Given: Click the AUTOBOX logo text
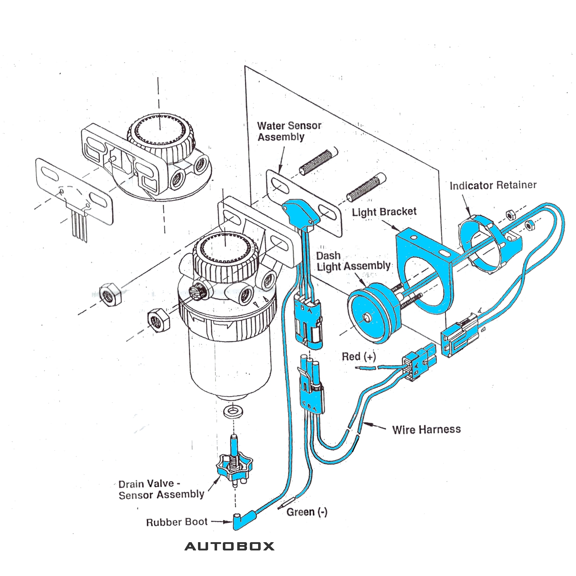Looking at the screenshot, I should click(x=229, y=546).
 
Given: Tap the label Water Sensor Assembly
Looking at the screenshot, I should click(x=289, y=131).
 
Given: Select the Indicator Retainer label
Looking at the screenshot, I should click(x=493, y=185).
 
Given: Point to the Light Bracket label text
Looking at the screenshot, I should click(x=384, y=212).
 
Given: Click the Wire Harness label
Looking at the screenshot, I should click(x=426, y=429).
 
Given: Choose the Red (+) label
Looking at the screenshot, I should click(x=359, y=356).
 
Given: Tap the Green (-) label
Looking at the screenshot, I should click(x=307, y=512).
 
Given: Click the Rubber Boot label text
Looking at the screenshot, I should click(x=177, y=522).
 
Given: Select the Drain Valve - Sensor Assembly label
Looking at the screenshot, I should click(x=161, y=489).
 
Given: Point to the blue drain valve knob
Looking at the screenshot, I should click(x=234, y=468).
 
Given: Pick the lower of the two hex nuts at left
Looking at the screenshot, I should click(x=158, y=320).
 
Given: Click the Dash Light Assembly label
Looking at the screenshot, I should click(x=353, y=261).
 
